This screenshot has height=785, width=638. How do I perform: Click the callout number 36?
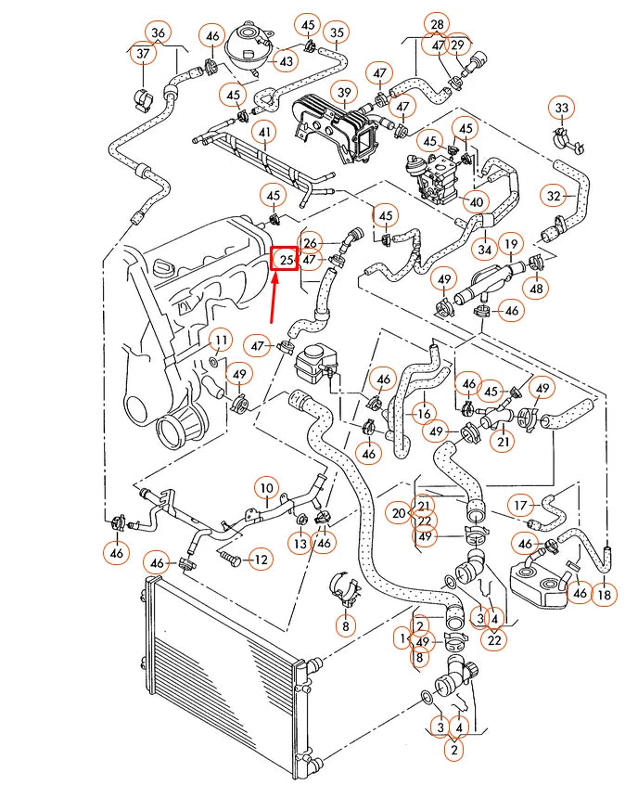point(159,33)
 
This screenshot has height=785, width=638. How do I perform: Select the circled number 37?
point(142,55)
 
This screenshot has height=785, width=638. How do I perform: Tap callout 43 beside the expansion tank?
point(285,62)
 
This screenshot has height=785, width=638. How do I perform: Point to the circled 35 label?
point(337,33)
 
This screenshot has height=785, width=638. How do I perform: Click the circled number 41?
point(265,133)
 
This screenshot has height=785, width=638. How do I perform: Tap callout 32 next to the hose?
point(555,196)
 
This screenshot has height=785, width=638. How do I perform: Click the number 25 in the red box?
point(285,260)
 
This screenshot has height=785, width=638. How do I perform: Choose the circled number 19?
point(511,245)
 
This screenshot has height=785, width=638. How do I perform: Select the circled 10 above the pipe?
point(266,487)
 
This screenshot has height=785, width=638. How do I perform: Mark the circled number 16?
point(425,414)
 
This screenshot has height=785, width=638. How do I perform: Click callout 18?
point(604,594)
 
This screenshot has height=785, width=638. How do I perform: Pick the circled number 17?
point(521,505)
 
